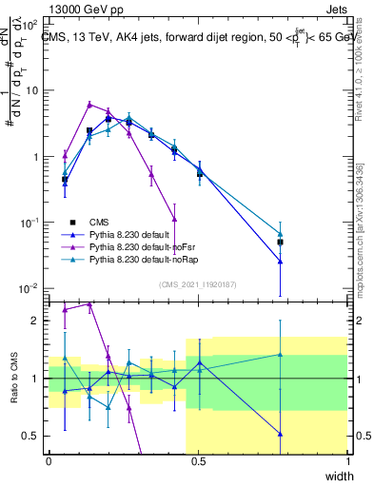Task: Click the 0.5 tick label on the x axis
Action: coord(198,461)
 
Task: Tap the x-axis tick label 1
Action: coord(348,461)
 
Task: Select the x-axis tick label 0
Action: coord(49,461)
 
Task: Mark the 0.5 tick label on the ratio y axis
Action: coord(31,436)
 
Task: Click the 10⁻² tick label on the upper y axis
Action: coord(30,287)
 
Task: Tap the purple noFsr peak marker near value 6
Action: coord(89,105)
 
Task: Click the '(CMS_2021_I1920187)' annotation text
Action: coord(198,282)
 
